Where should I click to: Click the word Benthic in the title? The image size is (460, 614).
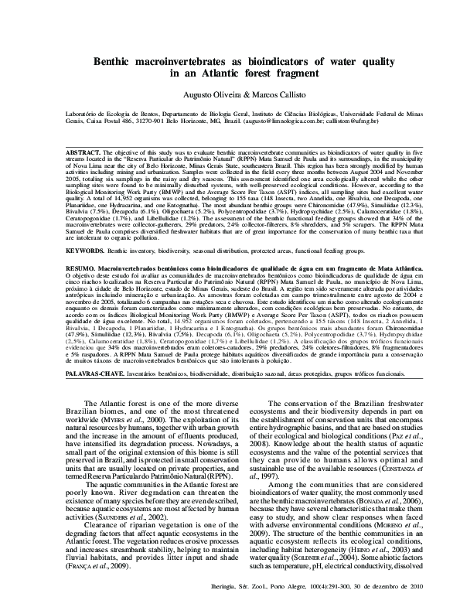click(x=115, y=61)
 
